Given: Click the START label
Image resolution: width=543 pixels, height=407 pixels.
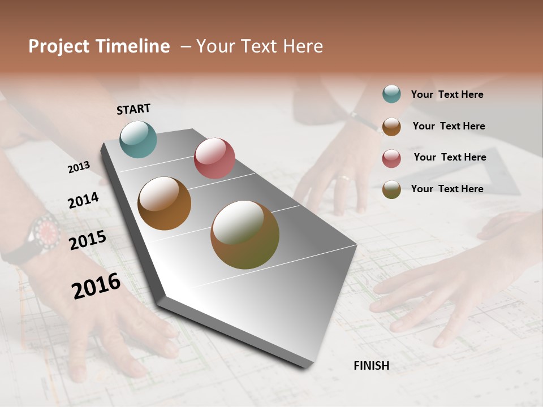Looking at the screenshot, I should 133,109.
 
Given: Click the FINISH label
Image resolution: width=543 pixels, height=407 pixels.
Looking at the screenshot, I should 371,366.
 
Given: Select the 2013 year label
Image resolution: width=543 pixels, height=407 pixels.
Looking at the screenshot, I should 79,167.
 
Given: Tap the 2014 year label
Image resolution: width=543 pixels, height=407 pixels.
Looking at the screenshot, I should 83,201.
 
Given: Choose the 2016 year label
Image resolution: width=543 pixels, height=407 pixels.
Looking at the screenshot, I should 96,285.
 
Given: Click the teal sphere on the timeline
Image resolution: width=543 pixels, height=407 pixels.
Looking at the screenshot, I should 138,139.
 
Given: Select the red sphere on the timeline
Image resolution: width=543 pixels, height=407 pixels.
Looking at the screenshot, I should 214,158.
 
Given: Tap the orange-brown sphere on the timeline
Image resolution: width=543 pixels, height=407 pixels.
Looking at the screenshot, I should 164,203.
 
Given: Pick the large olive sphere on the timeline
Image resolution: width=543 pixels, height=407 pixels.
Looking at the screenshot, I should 245,235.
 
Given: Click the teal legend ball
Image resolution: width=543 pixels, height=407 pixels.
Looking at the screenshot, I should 391,94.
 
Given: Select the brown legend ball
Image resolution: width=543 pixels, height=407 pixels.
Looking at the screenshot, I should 391,127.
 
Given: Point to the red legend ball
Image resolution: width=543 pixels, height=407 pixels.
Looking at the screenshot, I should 391,158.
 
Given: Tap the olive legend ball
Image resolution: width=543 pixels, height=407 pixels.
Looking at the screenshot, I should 391,189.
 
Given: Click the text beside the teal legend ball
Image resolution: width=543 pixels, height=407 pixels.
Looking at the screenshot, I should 447,94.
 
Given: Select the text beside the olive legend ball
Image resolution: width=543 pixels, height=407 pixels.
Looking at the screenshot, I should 447,189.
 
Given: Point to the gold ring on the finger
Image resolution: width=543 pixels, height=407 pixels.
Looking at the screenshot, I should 343,179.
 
